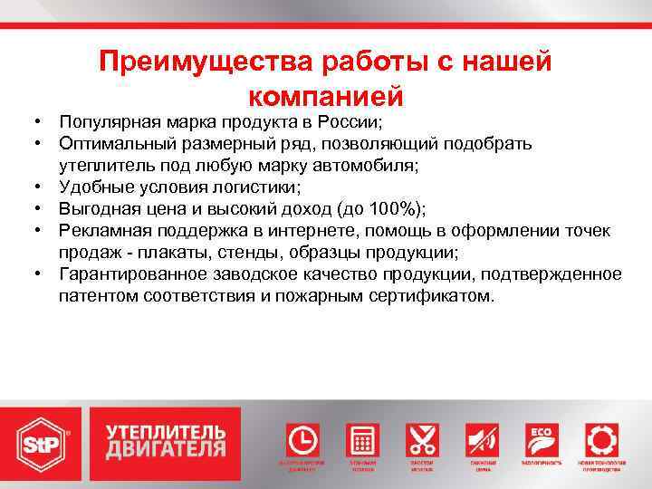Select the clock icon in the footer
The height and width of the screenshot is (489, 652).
(x=302, y=440)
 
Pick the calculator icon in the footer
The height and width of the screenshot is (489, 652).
(x=363, y=440)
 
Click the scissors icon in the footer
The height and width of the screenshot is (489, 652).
(x=423, y=440)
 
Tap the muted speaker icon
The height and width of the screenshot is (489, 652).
(x=483, y=440)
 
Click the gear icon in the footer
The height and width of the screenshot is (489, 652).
(x=600, y=440)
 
